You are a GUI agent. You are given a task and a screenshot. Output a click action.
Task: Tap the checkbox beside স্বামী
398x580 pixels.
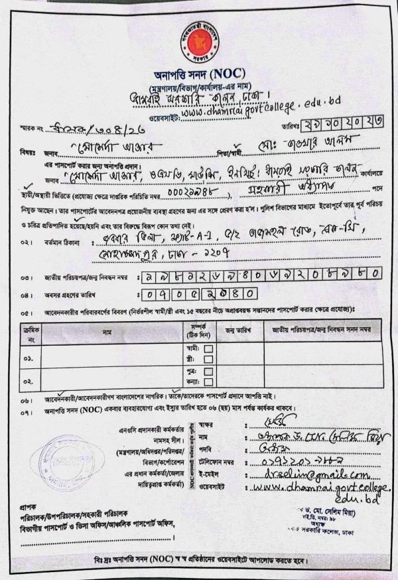(208, 347)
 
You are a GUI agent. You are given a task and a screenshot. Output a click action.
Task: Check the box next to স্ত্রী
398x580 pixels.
(208, 358)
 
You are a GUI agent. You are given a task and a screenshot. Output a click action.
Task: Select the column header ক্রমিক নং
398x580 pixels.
(28, 331)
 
